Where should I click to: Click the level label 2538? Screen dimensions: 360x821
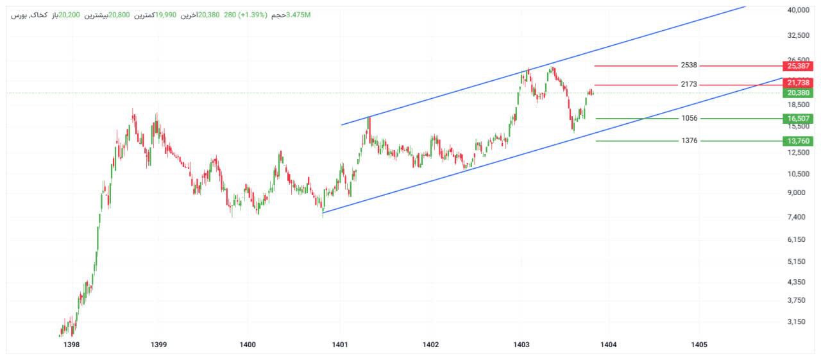(689, 65)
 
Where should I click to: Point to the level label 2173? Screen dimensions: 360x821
(689, 85)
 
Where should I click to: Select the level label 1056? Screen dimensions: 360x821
(690, 119)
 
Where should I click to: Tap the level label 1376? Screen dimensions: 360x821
(690, 141)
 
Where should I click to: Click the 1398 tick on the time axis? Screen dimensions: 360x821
(72, 345)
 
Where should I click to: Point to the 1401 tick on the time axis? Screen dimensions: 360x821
(340, 345)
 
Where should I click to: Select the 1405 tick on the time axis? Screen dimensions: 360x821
(698, 345)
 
